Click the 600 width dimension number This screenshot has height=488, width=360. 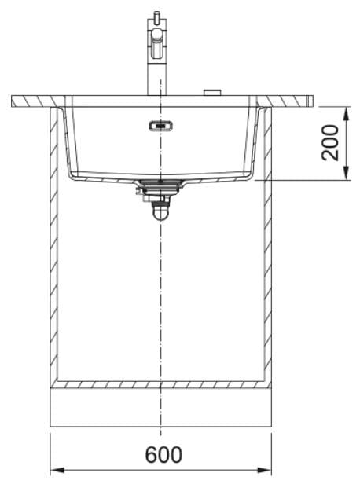pos(163,454)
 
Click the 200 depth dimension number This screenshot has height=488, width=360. pos(330,142)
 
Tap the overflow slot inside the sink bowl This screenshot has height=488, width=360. pos(160,126)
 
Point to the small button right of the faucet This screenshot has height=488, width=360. pos(212,93)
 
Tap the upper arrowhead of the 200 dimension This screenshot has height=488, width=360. pos(346,114)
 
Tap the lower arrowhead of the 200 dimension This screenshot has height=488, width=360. pos(346,173)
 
